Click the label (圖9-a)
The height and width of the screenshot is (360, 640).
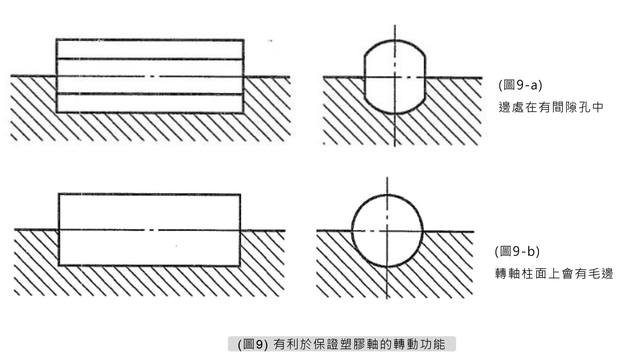pyautogui.click(x=520, y=85)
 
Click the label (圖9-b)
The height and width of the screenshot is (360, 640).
pyautogui.click(x=517, y=251)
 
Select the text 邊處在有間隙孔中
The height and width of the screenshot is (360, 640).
pyautogui.click(x=551, y=107)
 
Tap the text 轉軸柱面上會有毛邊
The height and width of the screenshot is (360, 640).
pyautogui.click(x=554, y=274)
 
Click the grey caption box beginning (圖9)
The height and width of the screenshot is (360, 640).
pyautogui.click(x=342, y=344)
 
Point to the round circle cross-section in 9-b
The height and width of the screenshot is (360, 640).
pyautogui.click(x=387, y=231)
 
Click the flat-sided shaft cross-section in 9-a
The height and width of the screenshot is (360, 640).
pyautogui.click(x=395, y=77)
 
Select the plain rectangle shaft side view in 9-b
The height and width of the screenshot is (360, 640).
pyautogui.click(x=149, y=230)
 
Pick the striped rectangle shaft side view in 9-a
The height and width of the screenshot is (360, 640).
pyautogui.click(x=150, y=76)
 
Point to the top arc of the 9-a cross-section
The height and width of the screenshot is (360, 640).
pyautogui.click(x=395, y=40)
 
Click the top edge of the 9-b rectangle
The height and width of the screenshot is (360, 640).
pyautogui.click(x=149, y=194)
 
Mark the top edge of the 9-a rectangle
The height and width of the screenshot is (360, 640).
pyautogui.click(x=150, y=40)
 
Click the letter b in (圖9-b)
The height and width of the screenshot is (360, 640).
pyautogui.click(x=532, y=251)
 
